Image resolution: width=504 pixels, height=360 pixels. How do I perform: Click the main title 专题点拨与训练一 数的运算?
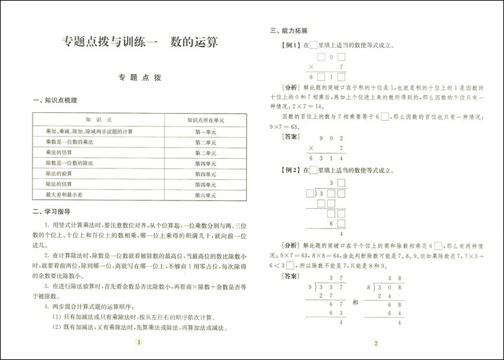point(140,43)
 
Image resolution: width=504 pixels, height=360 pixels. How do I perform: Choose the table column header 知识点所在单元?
point(205,119)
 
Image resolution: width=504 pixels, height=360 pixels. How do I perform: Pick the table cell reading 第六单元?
point(205,195)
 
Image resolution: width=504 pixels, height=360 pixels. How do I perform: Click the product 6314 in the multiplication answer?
point(327,158)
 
